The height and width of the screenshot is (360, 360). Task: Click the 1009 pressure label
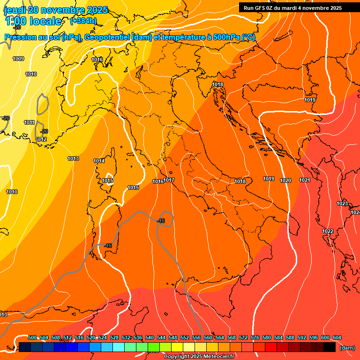[18, 59]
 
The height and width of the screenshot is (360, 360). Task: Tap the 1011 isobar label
[30, 122]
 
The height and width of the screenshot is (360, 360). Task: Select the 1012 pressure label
[41, 139]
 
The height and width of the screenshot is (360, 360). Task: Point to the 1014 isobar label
[99, 161]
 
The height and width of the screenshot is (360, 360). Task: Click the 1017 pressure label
[169, 180]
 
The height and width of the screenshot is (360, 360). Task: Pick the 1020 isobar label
[285, 180]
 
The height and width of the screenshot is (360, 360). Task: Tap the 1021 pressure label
[305, 180]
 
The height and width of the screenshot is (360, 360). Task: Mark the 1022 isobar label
[328, 231]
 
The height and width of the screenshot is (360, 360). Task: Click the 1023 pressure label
[342, 203]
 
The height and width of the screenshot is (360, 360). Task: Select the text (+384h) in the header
[83, 21]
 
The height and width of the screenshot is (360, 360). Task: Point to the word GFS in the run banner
[261, 8]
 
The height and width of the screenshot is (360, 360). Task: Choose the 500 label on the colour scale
[32, 337]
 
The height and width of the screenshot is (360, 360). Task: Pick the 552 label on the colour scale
[185, 337]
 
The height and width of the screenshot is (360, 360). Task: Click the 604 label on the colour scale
[337, 337]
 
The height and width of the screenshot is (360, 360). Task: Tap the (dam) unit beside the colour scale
[346, 348]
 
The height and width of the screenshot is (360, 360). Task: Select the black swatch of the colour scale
[330, 347]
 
